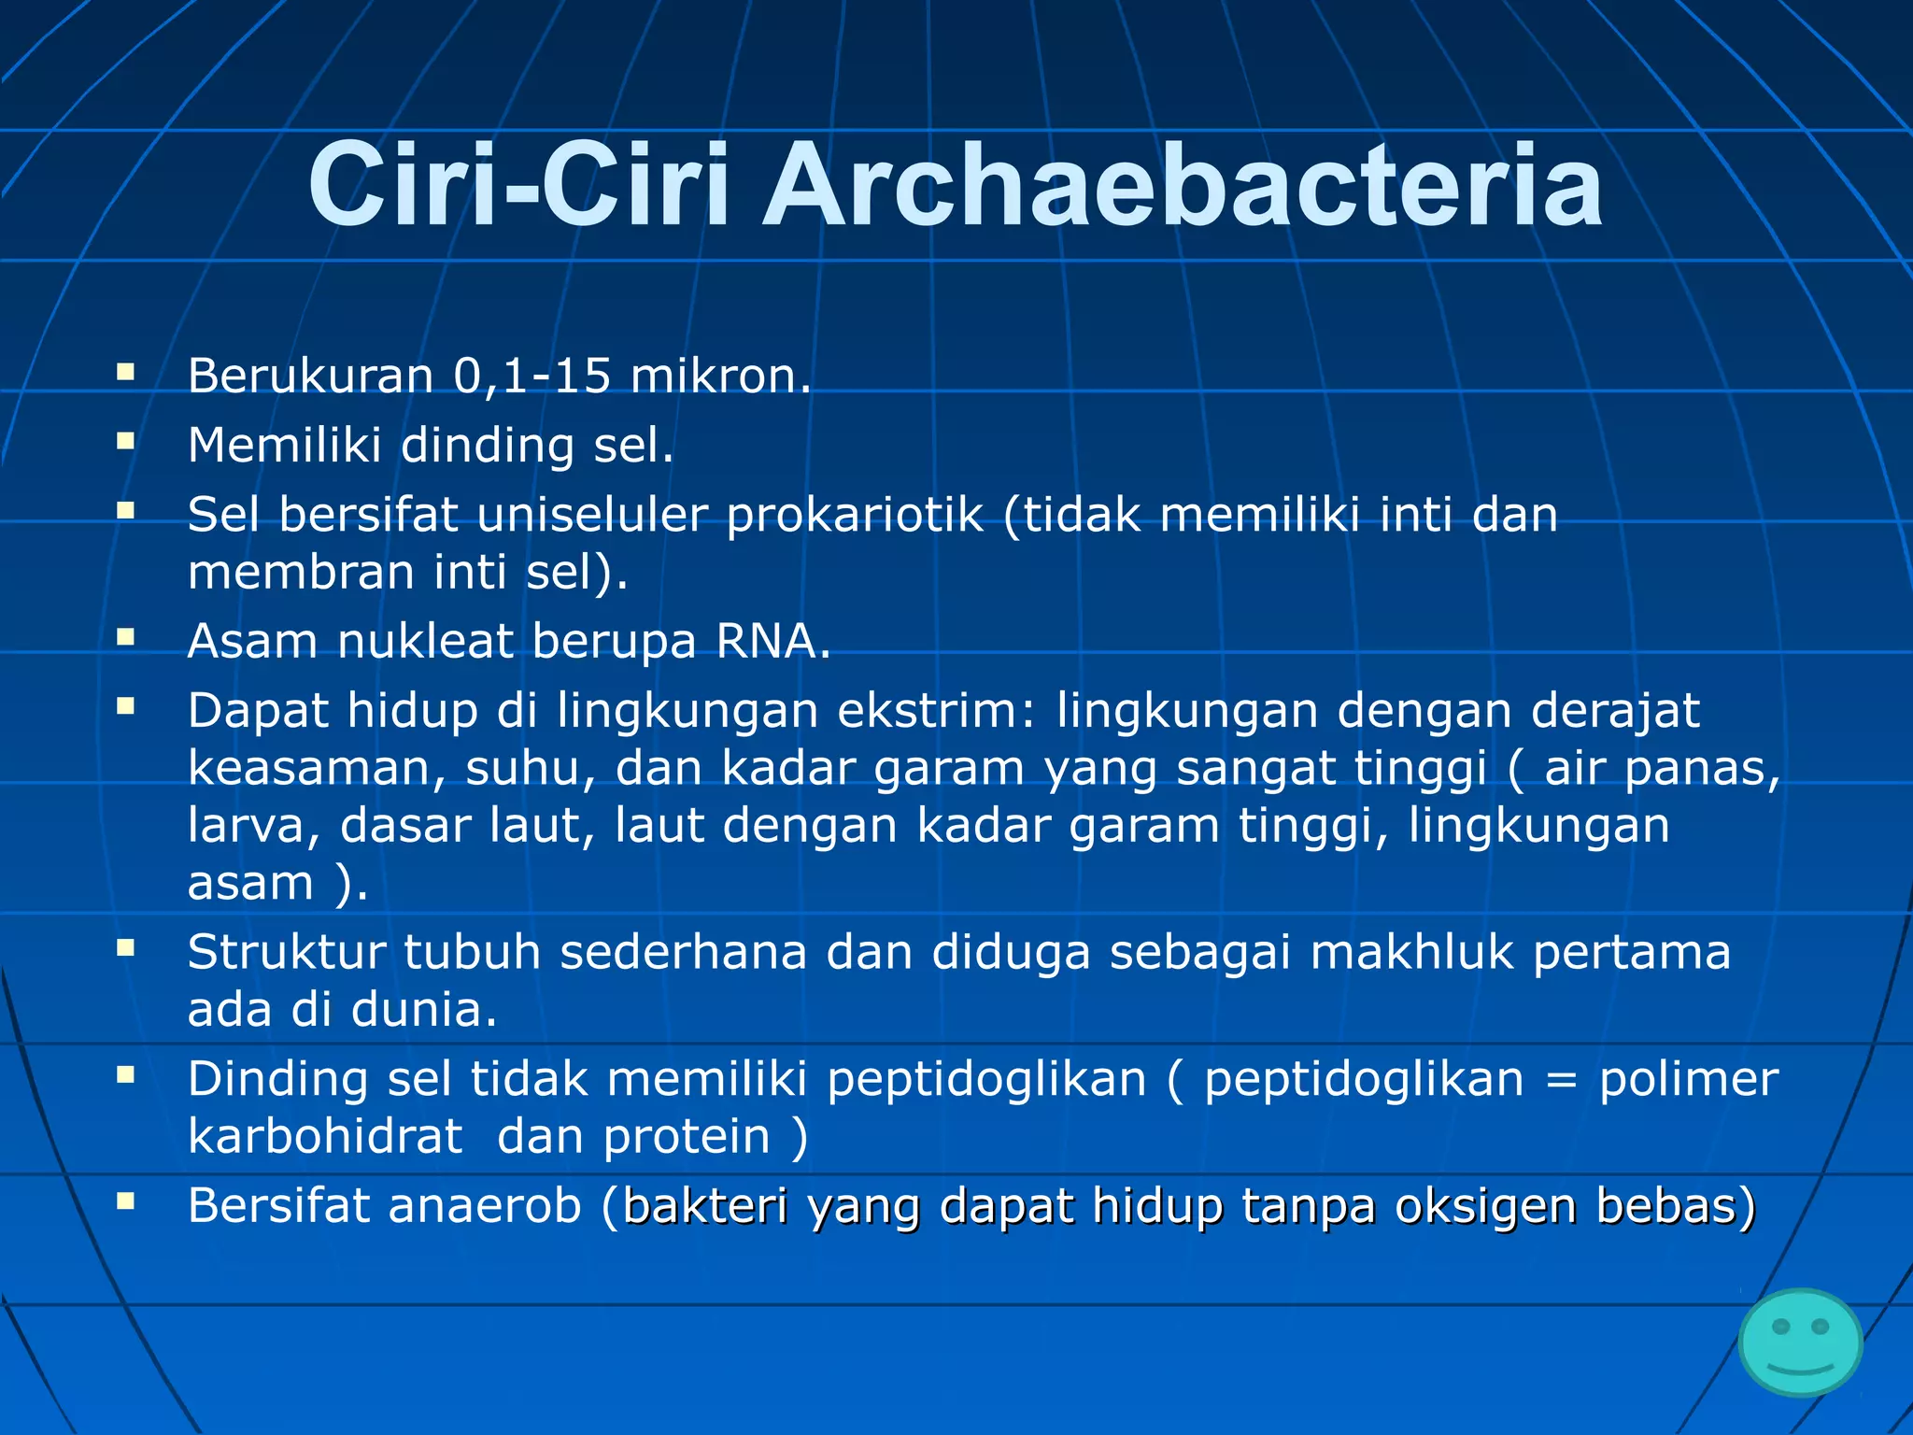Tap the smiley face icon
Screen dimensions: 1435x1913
(x=1800, y=1343)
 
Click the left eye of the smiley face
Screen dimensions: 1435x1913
(x=1780, y=1327)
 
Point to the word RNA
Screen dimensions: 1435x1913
(x=772, y=642)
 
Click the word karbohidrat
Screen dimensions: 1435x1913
(x=325, y=1137)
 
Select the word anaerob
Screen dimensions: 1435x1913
(x=485, y=1206)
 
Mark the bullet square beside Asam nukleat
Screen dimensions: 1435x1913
(x=126, y=637)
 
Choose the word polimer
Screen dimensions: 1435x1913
(x=1688, y=1080)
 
